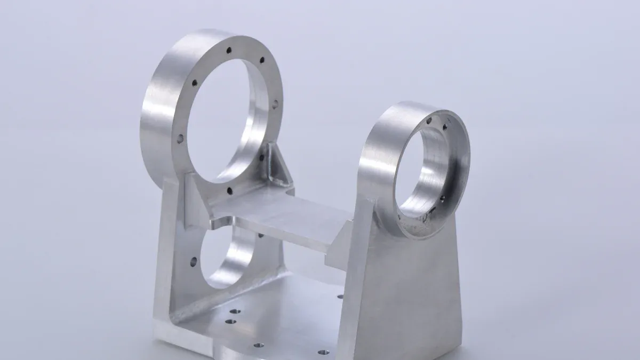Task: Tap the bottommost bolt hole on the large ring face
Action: [x=229, y=190]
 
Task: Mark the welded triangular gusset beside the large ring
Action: [x=277, y=165]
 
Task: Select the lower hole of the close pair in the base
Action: [x=230, y=322]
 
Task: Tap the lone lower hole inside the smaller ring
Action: [x=442, y=198]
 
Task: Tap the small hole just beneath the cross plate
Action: [x=261, y=235]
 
